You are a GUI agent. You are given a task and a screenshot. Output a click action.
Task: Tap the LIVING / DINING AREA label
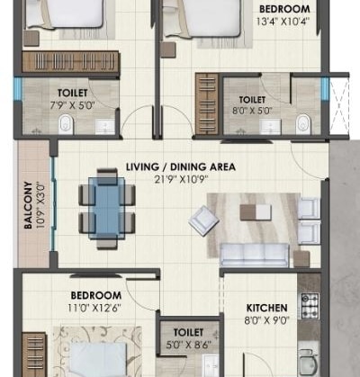point(181,167)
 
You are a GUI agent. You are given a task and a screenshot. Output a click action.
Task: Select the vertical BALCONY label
point(29,207)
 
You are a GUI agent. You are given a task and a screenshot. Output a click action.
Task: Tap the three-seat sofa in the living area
point(254,256)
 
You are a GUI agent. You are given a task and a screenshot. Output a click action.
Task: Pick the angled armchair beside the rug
point(202,221)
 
